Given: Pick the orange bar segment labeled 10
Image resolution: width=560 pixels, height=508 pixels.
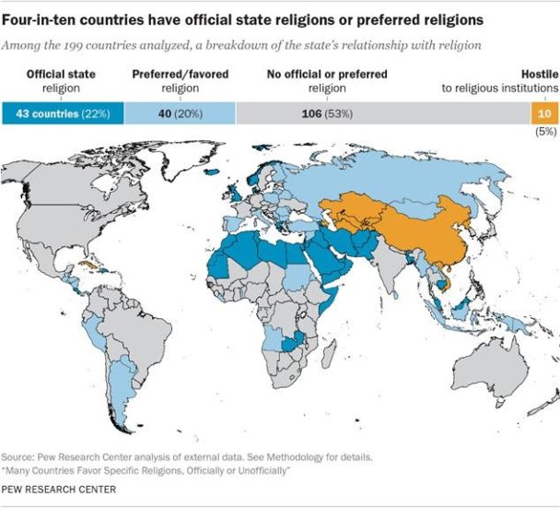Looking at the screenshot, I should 543,112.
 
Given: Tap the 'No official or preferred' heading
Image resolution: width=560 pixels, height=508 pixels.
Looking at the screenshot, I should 328,74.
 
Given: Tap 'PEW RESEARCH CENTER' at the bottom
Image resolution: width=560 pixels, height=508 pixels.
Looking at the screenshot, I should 59,490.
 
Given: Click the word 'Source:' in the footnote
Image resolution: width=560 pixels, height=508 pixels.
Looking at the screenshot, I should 18,457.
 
